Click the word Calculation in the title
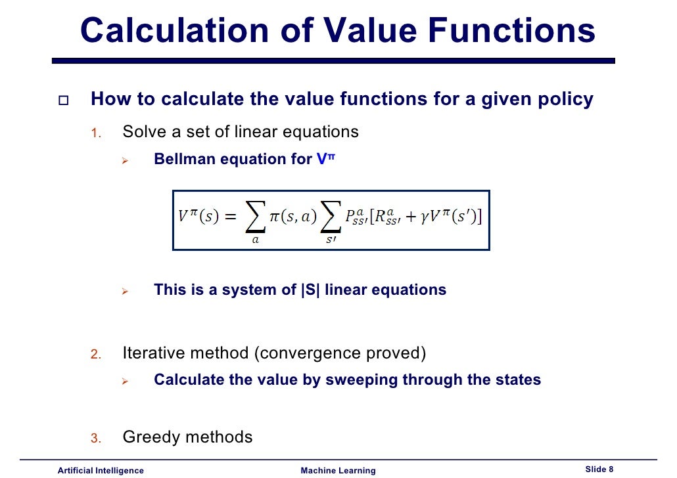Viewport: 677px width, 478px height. pos(174,30)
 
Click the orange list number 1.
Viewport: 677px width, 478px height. pos(95,134)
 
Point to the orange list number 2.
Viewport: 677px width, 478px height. pos(95,355)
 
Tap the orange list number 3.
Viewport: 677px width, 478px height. pos(95,439)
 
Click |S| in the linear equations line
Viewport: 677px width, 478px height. pos(310,290)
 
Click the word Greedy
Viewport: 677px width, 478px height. pos(151,437)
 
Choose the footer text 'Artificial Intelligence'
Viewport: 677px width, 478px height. pos(101,470)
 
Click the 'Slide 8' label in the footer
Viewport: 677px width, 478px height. pos(599,469)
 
